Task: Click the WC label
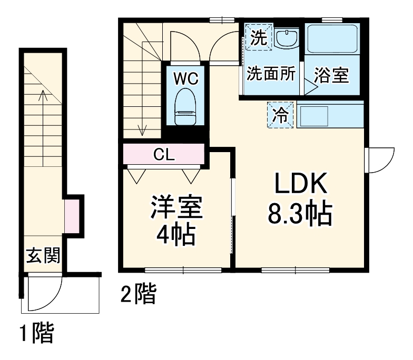pyautogui.click(x=186, y=79)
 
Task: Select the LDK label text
pyautogui.click(x=301, y=186)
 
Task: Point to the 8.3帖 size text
pyautogui.click(x=301, y=214)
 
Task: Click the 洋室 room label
pyautogui.click(x=176, y=207)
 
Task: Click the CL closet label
pyautogui.click(x=164, y=155)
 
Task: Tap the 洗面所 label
pyautogui.click(x=271, y=74)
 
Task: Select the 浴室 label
pyautogui.click(x=331, y=75)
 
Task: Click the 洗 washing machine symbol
pyautogui.click(x=258, y=37)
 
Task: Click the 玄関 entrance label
pyautogui.click(x=43, y=256)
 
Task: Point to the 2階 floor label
pyautogui.click(x=138, y=295)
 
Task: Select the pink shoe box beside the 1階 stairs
pyautogui.click(x=72, y=215)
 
